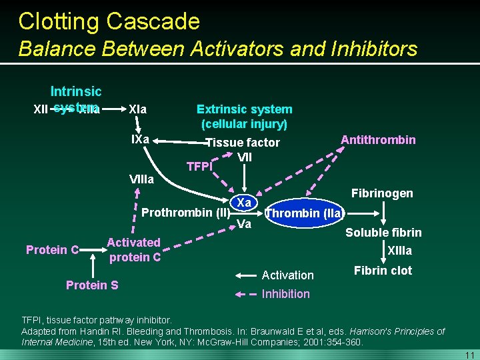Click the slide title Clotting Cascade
point(109,21)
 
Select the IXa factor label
point(140,140)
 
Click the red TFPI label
point(199,167)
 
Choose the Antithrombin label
point(378,139)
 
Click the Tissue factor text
point(243,143)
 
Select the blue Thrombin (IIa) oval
point(304,214)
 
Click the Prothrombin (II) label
point(186,213)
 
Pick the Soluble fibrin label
point(383,233)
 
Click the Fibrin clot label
point(383,271)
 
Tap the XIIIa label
point(400,251)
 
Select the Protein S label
point(92,285)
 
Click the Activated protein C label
point(134,249)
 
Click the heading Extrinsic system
point(244,109)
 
